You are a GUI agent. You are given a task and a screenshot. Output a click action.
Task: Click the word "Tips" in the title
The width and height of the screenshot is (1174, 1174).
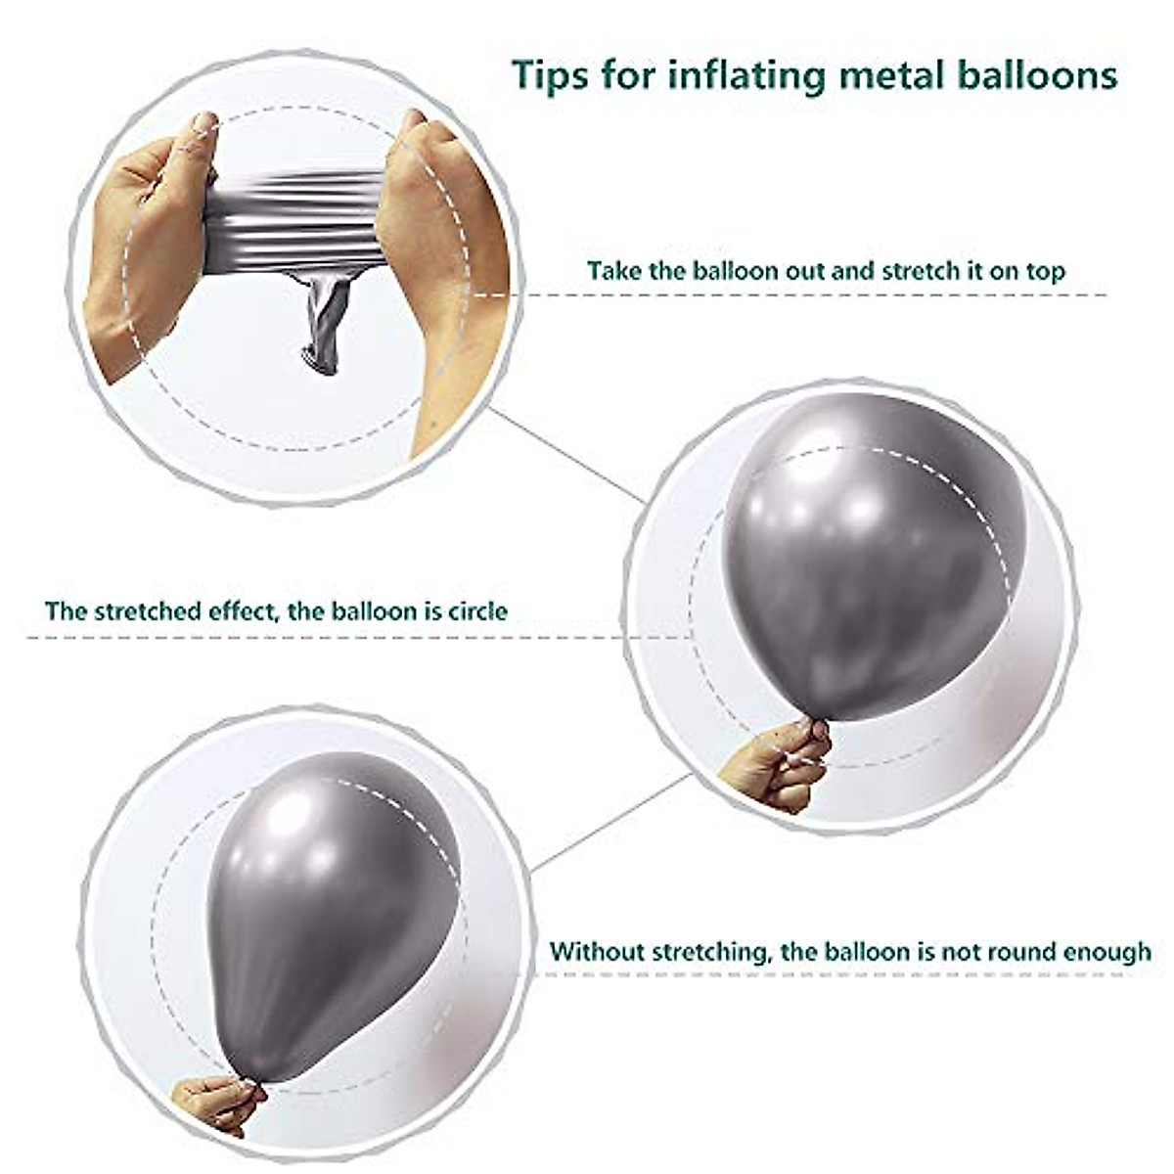[x=552, y=74]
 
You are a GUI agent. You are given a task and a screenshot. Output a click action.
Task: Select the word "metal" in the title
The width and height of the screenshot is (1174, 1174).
[x=898, y=74]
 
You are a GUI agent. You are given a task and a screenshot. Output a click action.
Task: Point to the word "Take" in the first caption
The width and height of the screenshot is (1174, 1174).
[x=614, y=270]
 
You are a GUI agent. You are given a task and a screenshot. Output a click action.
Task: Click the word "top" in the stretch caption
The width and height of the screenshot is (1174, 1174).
[x=1043, y=272]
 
